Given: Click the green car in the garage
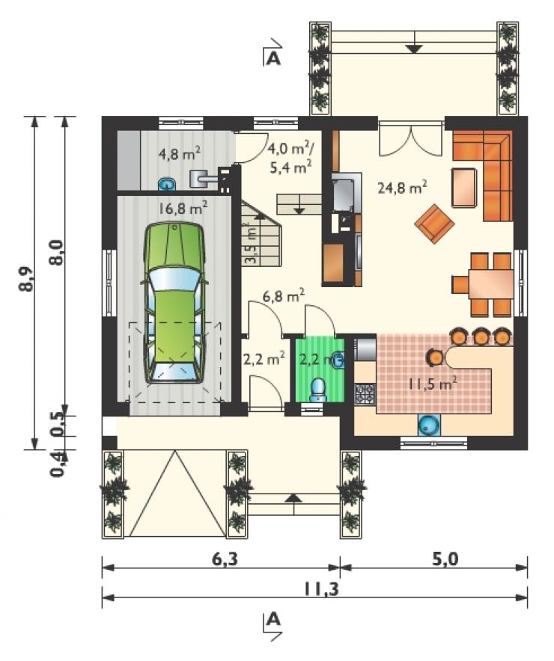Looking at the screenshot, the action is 174,303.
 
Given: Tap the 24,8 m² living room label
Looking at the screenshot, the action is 402,187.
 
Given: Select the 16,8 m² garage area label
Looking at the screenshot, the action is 183,208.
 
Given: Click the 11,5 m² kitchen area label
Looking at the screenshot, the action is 432,384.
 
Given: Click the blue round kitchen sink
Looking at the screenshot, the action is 429,425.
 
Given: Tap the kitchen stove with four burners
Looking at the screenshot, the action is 365,395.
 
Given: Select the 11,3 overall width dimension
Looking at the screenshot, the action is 321,589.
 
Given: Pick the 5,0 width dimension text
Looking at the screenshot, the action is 445,559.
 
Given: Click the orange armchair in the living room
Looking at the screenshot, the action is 434,224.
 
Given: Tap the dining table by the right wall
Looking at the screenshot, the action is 490,284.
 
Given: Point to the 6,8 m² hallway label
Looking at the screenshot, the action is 284,296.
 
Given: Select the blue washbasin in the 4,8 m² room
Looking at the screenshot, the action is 167,184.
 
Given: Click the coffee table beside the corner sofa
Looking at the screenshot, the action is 464,188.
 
